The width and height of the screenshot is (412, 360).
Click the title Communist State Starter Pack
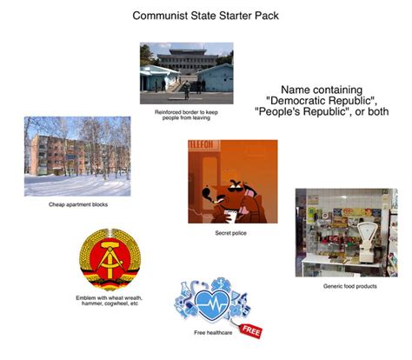(x=205, y=16)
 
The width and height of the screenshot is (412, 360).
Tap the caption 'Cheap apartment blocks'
(x=78, y=204)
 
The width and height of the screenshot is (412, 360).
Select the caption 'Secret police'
(x=230, y=233)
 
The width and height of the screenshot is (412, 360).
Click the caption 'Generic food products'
(x=350, y=286)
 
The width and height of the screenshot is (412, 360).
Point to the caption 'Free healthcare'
(x=213, y=332)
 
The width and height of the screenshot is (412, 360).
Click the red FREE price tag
(x=251, y=330)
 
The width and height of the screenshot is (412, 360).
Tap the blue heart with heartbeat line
(x=212, y=304)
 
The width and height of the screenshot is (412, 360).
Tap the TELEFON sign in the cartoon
(x=201, y=145)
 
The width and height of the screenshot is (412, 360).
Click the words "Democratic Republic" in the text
(x=321, y=101)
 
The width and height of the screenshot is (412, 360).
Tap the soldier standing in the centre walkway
(x=187, y=90)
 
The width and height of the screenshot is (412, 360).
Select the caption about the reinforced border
(x=186, y=115)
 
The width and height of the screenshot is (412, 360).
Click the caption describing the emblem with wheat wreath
(x=110, y=301)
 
